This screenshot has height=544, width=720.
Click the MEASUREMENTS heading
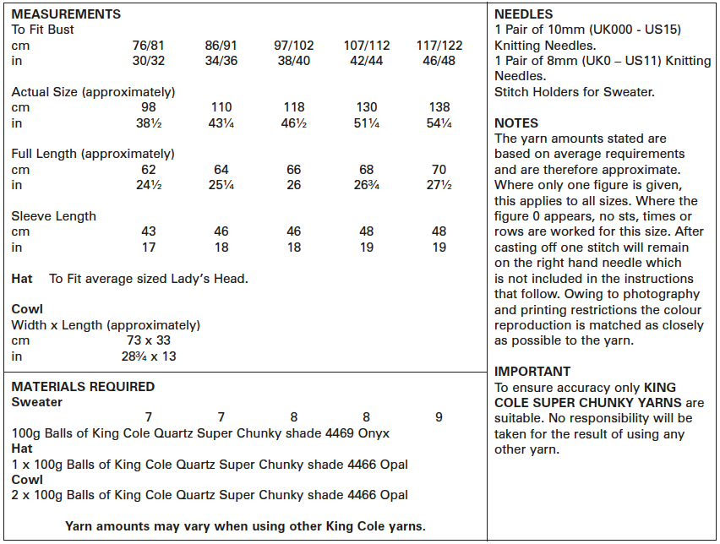tap(66, 14)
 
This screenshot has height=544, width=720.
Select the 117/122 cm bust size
tap(439, 46)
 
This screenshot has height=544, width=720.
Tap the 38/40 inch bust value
tap(293, 62)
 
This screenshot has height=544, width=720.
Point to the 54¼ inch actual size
tap(439, 124)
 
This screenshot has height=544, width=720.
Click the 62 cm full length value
tap(149, 170)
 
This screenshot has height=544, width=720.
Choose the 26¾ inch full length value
tap(367, 186)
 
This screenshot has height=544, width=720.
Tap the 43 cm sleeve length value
tap(149, 231)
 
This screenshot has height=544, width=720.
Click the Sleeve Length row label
tap(54, 216)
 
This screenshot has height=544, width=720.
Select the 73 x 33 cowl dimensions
tap(150, 340)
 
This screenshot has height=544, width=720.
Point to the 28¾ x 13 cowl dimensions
tap(150, 356)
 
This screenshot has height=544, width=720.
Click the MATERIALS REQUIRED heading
tap(83, 387)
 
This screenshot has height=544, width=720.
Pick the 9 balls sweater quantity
tap(439, 417)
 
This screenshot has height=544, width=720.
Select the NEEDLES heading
tap(523, 14)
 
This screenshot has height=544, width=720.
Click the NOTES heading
tap(516, 123)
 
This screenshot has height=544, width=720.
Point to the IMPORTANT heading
tap(532, 372)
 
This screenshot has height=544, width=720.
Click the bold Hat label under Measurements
tap(22, 278)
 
